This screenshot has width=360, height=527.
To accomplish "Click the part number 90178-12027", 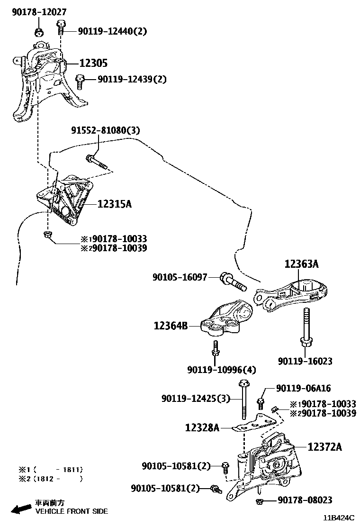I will pos(39,12).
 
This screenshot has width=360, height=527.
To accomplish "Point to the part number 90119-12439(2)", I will pos(126,79).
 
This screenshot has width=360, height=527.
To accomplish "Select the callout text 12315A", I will pos(114,204).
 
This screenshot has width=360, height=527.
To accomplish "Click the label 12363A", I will pos(302,264).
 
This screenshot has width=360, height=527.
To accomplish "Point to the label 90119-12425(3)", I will pos(195,399).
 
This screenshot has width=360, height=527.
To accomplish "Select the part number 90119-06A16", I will pos(304,389).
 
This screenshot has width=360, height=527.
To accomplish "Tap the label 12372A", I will pos(324,446).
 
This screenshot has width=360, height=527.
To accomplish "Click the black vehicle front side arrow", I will pos(21,509).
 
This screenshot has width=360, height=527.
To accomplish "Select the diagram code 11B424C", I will pos(340,519).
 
